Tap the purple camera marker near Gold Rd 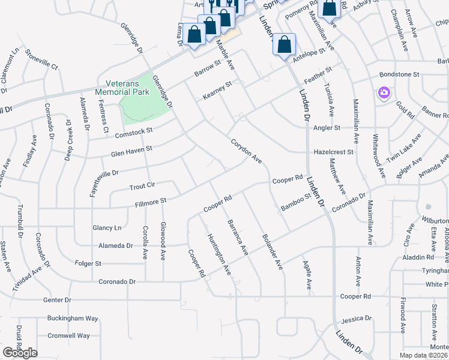click(x=384, y=93)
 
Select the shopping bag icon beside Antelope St click(x=285, y=45)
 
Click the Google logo click(x=20, y=353)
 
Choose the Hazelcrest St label click(x=334, y=152)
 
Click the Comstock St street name click(x=134, y=131)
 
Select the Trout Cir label click(x=143, y=187)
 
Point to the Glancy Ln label click(x=107, y=228)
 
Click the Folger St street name click(x=88, y=263)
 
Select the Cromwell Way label click(x=69, y=336)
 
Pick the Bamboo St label click(x=295, y=202)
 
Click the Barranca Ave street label click(x=237, y=238)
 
